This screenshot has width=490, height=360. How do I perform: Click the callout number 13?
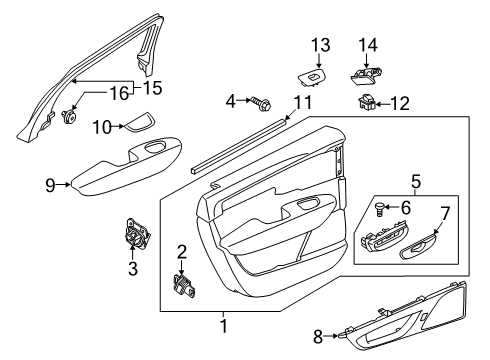click(x=319, y=44)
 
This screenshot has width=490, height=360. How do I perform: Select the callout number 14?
click(x=369, y=44)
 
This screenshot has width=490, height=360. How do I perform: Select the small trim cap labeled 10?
click(x=137, y=124)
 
